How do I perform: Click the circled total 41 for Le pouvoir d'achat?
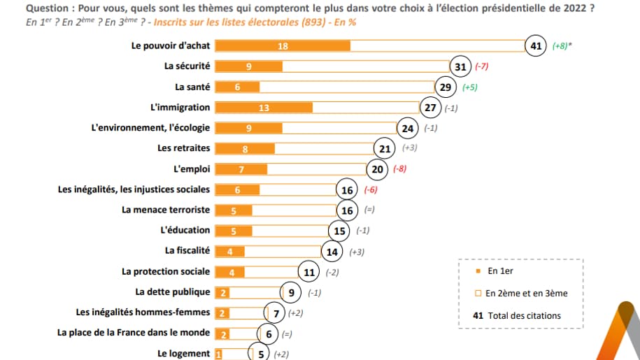click(x=536, y=46)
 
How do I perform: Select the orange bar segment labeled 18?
click(x=282, y=46)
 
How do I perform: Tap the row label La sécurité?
click(x=187, y=66)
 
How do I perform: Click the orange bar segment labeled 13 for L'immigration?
click(x=263, y=108)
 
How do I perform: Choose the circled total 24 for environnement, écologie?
click(x=408, y=128)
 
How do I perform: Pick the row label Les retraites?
click(x=184, y=148)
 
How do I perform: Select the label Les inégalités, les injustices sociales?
click(x=134, y=189)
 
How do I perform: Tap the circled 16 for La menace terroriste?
click(x=347, y=210)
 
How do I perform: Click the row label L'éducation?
click(x=185, y=230)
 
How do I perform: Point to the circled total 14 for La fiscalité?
click(x=332, y=251)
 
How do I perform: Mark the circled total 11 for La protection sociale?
click(x=308, y=271)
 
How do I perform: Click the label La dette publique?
click(x=172, y=291)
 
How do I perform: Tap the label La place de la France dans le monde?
click(x=133, y=333)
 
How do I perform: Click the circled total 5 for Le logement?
click(x=261, y=354)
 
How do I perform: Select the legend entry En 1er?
click(x=499, y=271)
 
